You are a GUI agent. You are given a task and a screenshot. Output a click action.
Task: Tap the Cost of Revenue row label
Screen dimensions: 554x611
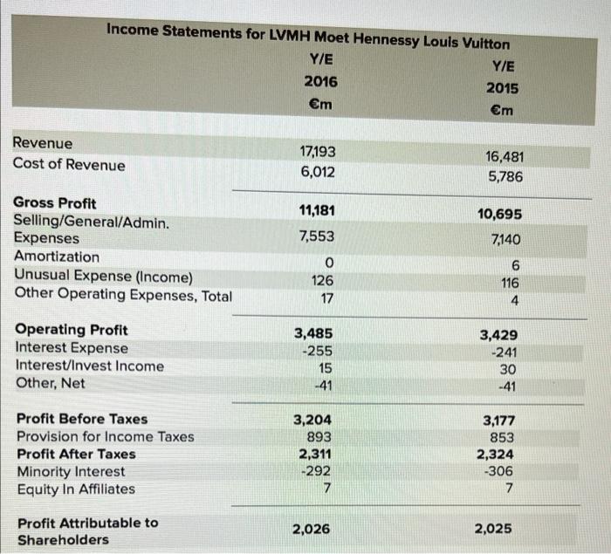(69, 165)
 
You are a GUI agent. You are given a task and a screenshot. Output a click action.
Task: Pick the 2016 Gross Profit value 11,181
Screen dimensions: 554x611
(317, 209)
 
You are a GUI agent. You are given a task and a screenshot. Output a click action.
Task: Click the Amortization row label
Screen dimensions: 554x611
(57, 256)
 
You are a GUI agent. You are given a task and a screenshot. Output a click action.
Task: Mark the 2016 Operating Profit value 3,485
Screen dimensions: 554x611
(313, 332)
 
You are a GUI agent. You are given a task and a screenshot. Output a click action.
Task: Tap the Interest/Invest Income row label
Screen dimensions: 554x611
(90, 366)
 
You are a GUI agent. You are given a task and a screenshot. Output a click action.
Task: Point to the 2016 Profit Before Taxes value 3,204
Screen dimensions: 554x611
(313, 419)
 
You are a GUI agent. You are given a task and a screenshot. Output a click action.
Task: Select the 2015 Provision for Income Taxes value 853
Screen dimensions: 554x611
(502, 438)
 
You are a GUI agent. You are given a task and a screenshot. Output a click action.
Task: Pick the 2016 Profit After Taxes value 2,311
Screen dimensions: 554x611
(313, 455)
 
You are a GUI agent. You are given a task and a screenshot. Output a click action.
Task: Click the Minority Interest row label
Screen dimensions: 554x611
(71, 472)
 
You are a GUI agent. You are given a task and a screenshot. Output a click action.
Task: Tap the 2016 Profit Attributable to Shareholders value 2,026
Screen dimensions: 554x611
(312, 528)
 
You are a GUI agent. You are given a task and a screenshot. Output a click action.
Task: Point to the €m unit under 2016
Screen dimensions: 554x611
(319, 105)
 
